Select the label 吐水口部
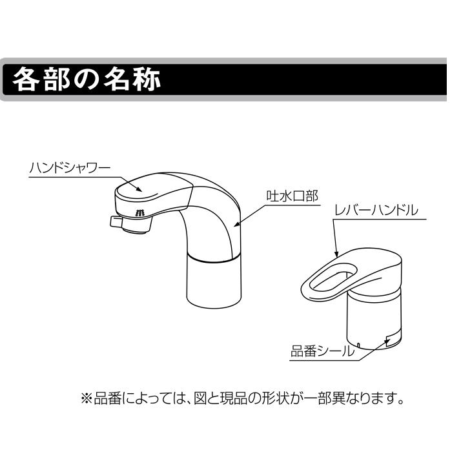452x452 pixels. pyautogui.click(x=292, y=196)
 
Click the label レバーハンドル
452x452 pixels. pyautogui.click(x=375, y=211)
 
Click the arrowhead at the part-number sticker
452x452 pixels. pyautogui.click(x=388, y=340)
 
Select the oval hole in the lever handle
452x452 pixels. pyautogui.click(x=330, y=275)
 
